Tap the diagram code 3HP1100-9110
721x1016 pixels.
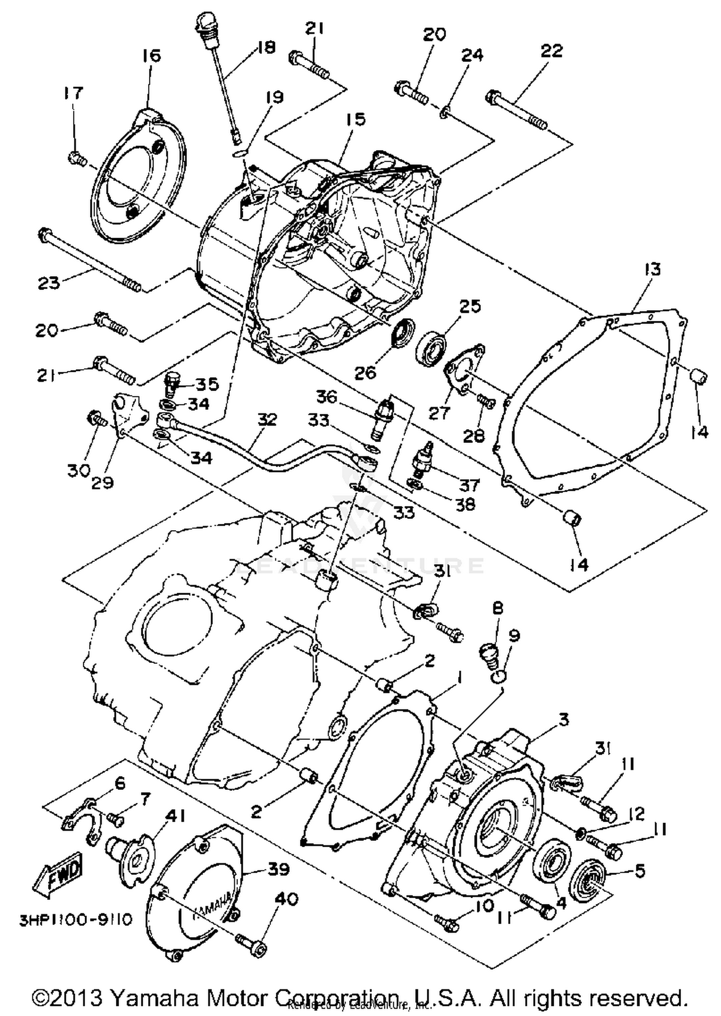pyautogui.click(x=75, y=919)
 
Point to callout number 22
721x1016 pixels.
pyautogui.click(x=551, y=51)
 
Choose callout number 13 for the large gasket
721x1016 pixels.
pyautogui.click(x=652, y=270)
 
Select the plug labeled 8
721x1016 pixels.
pyautogui.click(x=489, y=655)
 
